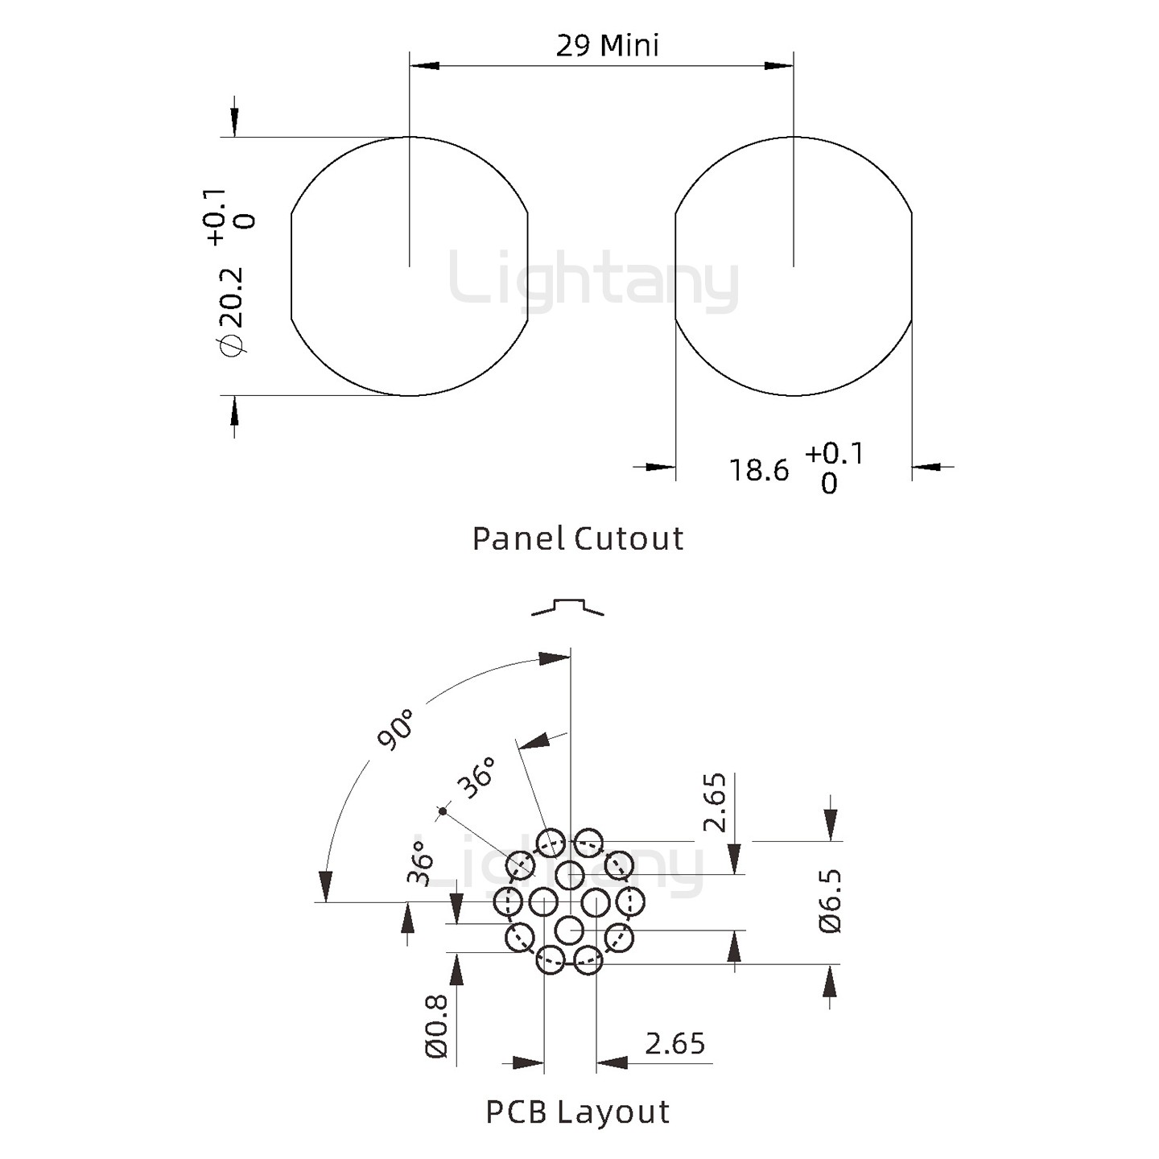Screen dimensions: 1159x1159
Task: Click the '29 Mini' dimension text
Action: (x=607, y=46)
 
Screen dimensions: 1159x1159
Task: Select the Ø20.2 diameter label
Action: (x=231, y=310)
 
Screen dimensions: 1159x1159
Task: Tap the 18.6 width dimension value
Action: (x=758, y=471)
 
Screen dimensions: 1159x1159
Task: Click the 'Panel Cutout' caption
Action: (x=577, y=538)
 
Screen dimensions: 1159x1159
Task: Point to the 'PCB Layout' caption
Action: (x=577, y=1112)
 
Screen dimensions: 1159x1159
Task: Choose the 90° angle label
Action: (x=395, y=729)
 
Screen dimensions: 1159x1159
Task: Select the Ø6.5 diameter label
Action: (x=830, y=901)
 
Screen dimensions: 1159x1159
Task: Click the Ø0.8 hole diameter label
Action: (x=435, y=1026)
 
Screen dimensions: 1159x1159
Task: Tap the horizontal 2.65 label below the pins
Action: (x=674, y=1043)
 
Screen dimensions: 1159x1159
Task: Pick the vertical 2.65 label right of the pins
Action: (x=715, y=802)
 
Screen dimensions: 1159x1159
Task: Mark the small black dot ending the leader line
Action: (x=442, y=810)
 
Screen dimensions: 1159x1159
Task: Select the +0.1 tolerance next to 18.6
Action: (x=834, y=454)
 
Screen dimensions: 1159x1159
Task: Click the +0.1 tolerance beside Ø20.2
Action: (x=215, y=217)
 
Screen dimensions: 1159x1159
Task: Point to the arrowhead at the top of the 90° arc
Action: (x=554, y=658)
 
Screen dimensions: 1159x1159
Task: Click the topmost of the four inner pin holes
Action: (x=569, y=874)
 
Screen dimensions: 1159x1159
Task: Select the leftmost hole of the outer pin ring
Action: (x=508, y=902)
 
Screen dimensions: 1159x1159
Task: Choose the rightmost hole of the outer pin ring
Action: (x=631, y=902)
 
